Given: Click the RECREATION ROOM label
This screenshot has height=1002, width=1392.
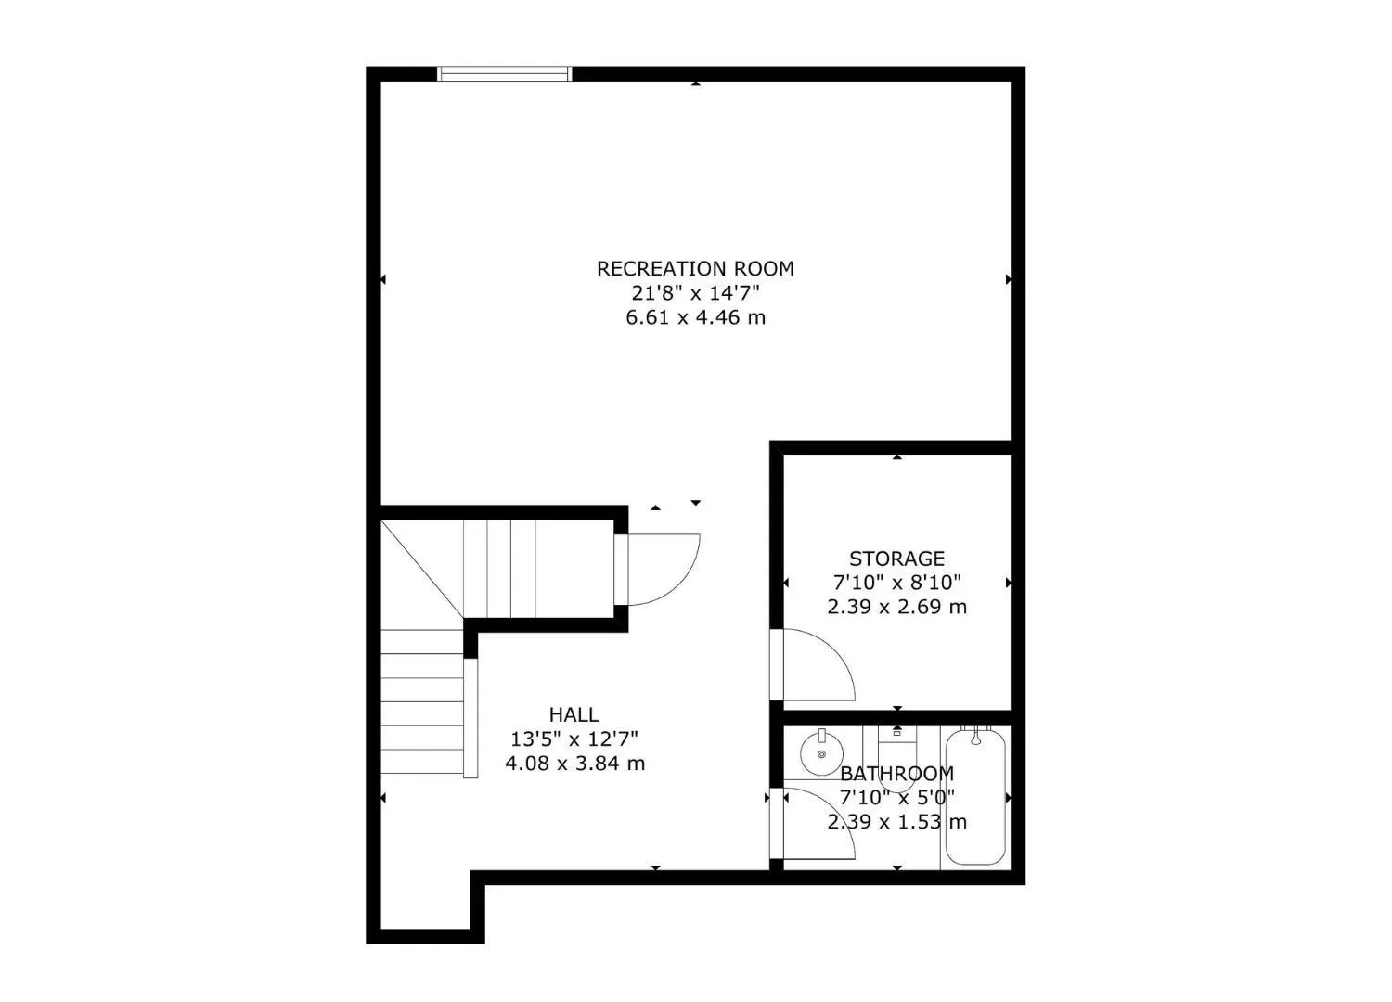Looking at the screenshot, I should pos(695,269).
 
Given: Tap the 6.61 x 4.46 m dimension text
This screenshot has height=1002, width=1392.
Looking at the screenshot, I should pos(695,318).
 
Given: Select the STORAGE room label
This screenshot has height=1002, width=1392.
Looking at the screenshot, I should pos(896,559).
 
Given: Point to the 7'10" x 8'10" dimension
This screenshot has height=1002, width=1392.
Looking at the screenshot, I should pos(896,583).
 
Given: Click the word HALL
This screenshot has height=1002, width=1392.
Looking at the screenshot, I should pos(574,714).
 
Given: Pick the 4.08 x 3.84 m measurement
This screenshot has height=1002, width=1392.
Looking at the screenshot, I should pos(574,764).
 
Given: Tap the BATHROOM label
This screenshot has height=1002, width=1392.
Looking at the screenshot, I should pos(896,773).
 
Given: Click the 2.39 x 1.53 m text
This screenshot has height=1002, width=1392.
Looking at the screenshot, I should pos(896,822).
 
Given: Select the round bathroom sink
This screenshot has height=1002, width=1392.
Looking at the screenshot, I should pos(822,752).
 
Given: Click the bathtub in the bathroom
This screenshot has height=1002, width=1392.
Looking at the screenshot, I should pos(975,798).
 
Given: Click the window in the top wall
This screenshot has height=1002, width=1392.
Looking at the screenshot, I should pos(504,74).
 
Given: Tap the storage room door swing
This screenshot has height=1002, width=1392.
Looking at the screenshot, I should pos(817,663).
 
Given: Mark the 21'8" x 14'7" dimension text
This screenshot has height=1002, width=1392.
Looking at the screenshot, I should pos(695,293).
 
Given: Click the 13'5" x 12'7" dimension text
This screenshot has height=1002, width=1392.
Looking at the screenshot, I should pos(574,739).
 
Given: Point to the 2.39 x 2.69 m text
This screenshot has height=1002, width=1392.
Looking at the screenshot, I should pos(896,608).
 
